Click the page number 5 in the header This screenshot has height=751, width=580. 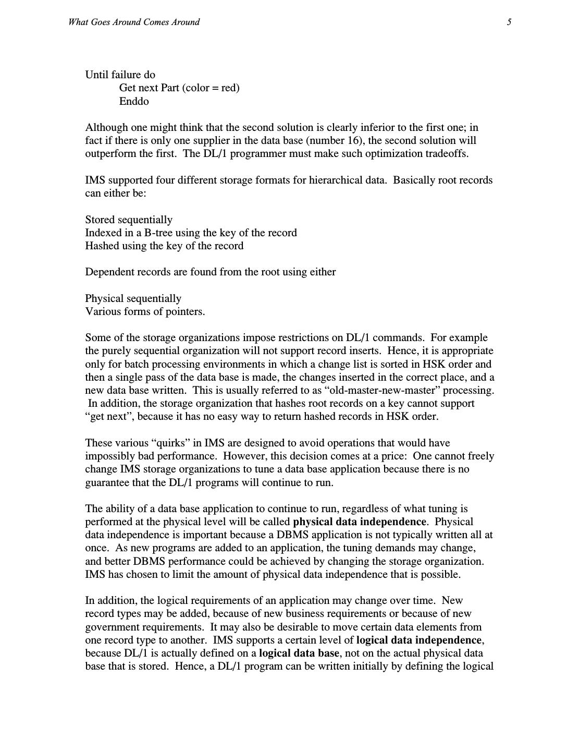(x=509, y=22)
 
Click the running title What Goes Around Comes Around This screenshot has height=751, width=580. (x=133, y=22)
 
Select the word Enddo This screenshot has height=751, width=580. (x=134, y=101)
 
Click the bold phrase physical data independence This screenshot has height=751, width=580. (x=360, y=522)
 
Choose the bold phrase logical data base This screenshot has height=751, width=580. (x=299, y=653)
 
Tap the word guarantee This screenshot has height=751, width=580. (x=107, y=482)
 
